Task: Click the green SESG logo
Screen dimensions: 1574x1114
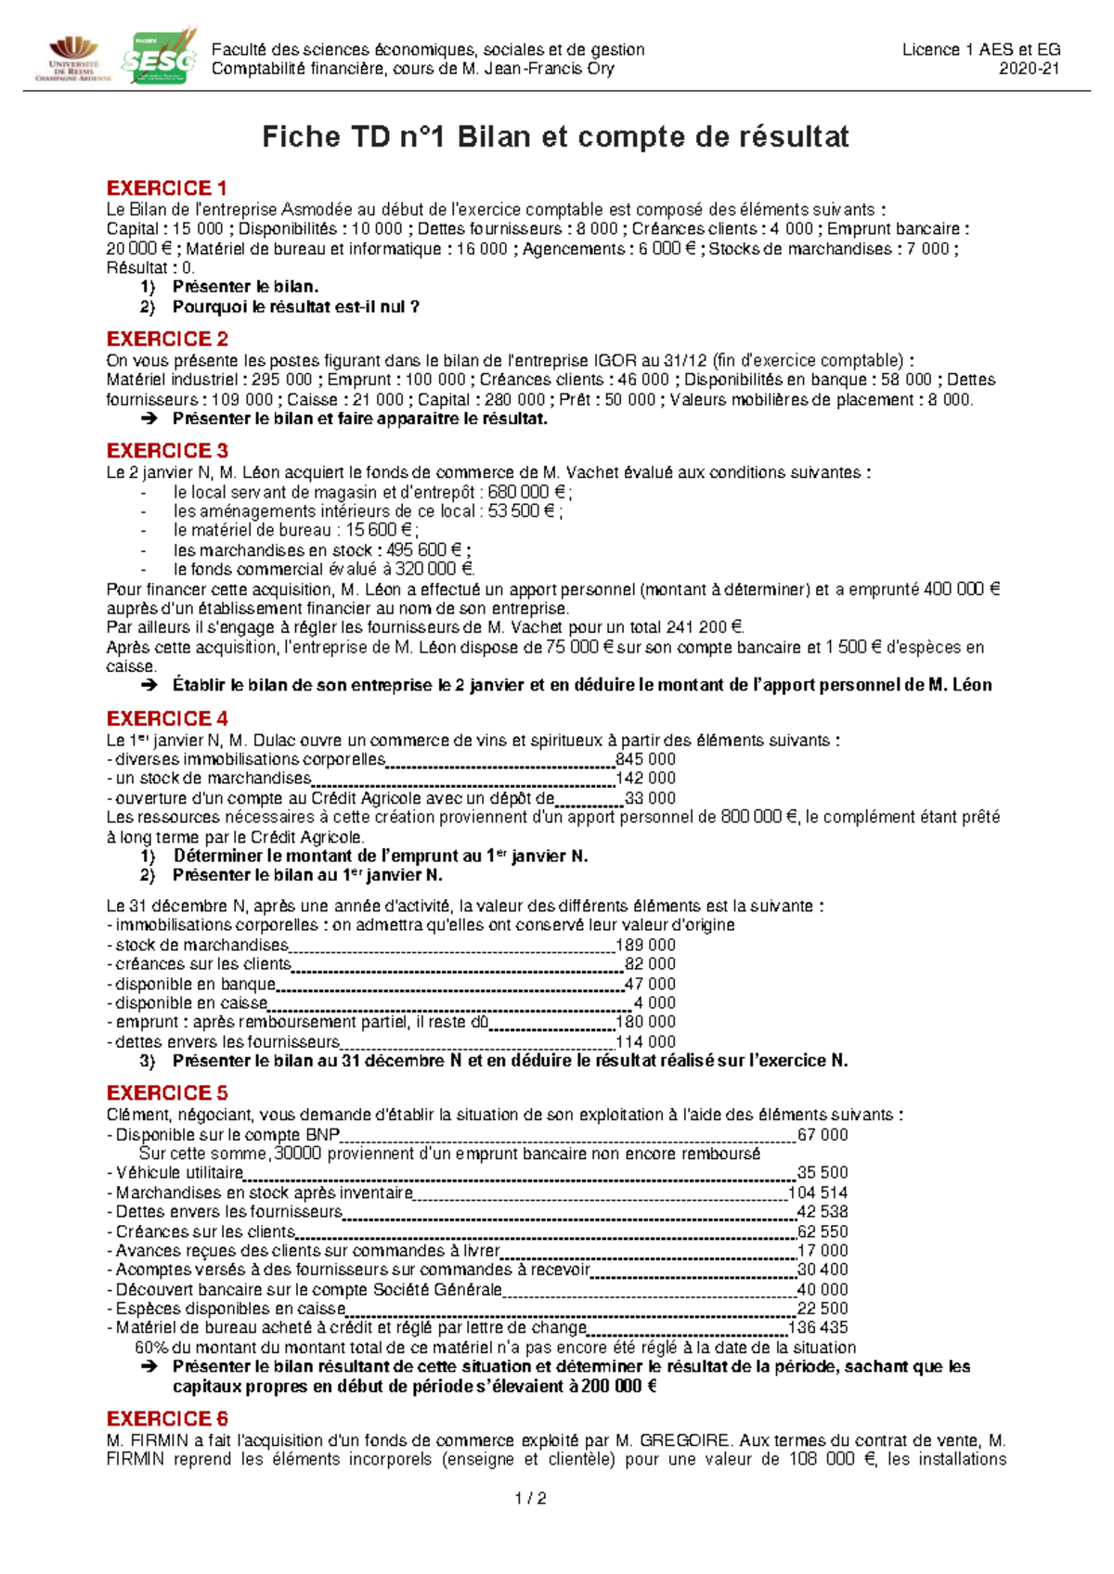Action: [159, 58]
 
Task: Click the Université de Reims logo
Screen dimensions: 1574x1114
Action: [72, 58]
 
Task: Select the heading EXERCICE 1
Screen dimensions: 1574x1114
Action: [167, 188]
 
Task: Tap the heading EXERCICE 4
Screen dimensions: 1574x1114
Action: [167, 719]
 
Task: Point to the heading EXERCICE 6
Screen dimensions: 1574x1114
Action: [167, 1419]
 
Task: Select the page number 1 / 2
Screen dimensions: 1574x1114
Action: [530, 1499]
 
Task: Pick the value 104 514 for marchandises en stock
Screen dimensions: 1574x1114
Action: [818, 1193]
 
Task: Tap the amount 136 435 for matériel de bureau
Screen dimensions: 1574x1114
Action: [818, 1328]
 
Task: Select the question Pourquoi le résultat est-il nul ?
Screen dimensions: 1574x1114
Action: [295, 306]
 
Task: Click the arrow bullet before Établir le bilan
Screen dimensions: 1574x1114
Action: [149, 686]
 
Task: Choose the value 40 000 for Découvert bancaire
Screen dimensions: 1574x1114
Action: [823, 1289]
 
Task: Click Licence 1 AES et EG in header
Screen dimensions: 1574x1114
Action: [980, 50]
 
